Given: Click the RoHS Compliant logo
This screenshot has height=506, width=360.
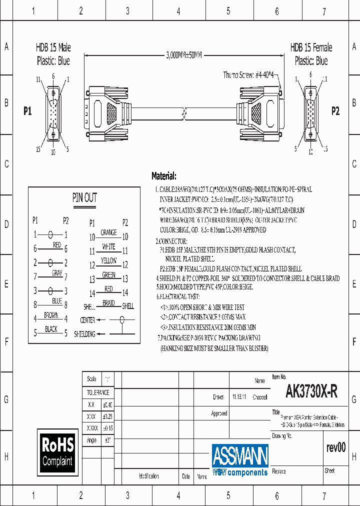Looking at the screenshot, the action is pos(57,451).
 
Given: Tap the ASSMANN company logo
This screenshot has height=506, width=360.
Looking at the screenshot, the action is pos(240,459).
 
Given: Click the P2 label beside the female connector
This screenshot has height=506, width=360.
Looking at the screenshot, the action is pos(335,111).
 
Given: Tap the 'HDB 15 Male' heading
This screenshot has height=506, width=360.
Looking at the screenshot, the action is pos(53,47).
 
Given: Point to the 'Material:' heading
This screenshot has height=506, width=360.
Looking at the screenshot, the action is pos(163,176).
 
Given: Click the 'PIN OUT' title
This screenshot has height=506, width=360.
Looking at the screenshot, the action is pos(85,198).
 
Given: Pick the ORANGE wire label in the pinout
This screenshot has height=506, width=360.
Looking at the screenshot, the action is pos(108,232).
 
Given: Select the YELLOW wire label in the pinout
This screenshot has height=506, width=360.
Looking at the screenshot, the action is pos(108,260).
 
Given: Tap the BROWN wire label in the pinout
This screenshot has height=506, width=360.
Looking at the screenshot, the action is pos(50,315).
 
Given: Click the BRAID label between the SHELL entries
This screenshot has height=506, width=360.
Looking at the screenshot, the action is pos(108,303).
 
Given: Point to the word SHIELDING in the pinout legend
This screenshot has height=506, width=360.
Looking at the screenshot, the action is pos(84,334).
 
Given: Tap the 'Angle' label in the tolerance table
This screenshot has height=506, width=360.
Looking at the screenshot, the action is pos(91,440).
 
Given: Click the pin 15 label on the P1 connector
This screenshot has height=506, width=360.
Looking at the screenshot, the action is pos(37,148).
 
